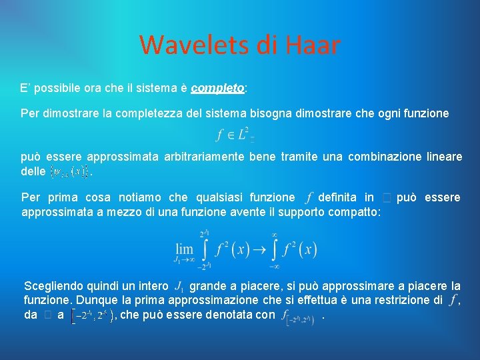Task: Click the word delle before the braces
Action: click(33, 171)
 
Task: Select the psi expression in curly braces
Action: click(69, 172)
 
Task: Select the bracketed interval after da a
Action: click(93, 315)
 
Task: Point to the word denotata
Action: click(222, 315)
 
